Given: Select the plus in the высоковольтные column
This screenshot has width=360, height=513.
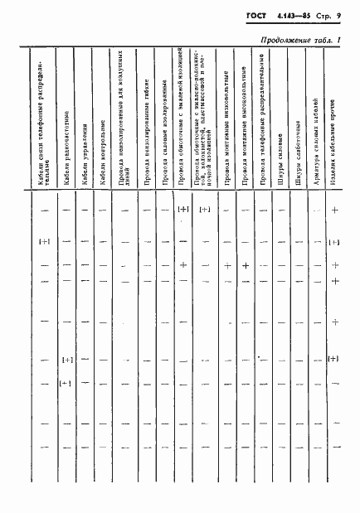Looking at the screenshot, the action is pyautogui.click(x=246, y=266).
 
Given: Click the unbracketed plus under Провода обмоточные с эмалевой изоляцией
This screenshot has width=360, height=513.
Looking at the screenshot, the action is pyautogui.click(x=183, y=265).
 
